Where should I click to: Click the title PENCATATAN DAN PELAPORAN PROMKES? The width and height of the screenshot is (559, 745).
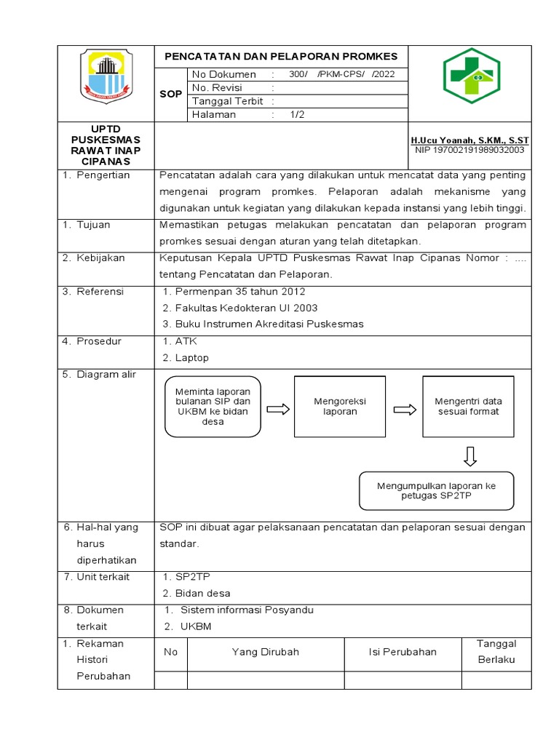[x=281, y=56]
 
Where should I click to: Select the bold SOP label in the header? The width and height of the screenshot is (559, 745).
[x=170, y=95]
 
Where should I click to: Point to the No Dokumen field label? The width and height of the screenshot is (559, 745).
[x=223, y=74]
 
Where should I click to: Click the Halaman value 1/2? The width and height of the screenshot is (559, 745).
[x=297, y=114]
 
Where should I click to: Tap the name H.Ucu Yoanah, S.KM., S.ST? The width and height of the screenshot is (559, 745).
[x=469, y=139]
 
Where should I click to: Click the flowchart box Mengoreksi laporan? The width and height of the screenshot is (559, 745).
[x=339, y=406]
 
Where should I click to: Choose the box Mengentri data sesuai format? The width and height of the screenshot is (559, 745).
[x=468, y=406]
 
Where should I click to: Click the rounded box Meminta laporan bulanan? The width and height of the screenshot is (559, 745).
[x=213, y=407]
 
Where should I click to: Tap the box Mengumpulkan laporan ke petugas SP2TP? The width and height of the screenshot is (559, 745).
[x=436, y=490]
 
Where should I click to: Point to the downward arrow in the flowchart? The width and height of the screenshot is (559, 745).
[x=469, y=455]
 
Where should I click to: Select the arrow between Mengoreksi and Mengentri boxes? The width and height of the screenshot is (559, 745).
[x=403, y=410]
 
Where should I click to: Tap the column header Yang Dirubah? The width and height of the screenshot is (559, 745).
[x=265, y=652]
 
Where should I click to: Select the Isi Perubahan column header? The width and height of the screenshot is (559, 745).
[x=403, y=652]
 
